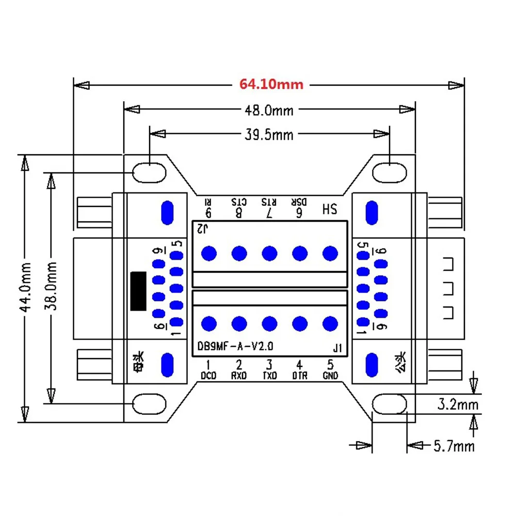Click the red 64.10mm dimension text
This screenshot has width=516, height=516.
(271, 84)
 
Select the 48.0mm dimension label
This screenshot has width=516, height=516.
(268, 110)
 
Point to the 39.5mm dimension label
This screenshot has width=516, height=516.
(268, 135)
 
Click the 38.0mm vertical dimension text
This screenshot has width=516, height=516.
(51, 286)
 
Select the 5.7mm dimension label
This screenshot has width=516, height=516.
(454, 445)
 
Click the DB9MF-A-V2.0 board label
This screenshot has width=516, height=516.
(236, 347)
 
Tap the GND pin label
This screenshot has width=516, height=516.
(330, 376)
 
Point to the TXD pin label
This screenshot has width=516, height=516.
(269, 376)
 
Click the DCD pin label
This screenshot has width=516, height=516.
(208, 376)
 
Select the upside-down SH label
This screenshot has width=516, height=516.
(329, 209)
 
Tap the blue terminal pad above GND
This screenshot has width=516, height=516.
(330, 324)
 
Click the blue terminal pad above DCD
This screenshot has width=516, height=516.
(209, 324)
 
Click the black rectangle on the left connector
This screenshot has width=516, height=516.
(138, 291)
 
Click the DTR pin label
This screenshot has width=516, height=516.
(300, 376)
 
